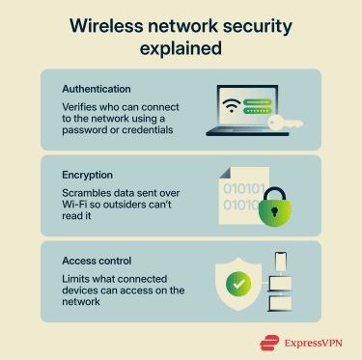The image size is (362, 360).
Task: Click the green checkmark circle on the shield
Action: [236, 285]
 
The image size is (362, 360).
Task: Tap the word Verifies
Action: [78, 105]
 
